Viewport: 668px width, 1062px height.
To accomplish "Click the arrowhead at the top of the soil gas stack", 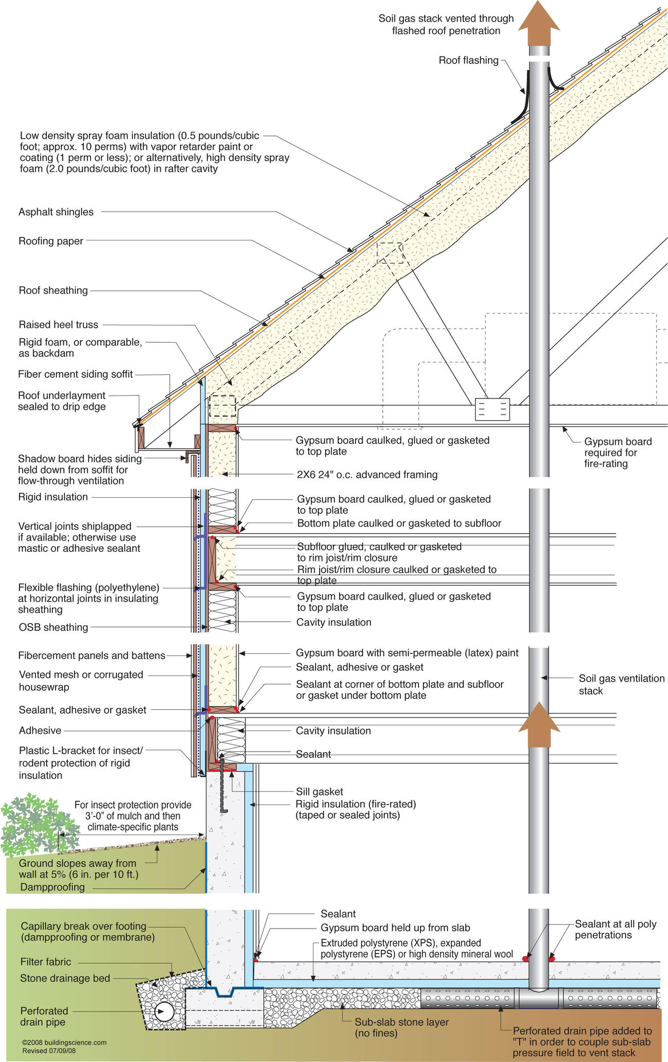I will (x=539, y=21).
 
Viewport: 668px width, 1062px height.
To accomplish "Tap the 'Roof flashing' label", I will (x=468, y=61).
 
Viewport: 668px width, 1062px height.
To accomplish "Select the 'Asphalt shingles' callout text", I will (x=56, y=212).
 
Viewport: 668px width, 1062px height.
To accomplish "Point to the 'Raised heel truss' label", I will (x=58, y=325).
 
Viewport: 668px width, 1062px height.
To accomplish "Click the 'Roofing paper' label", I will (x=51, y=241).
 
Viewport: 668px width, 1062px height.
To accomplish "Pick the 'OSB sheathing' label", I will (x=53, y=627).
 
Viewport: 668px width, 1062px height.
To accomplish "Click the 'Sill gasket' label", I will (x=319, y=792).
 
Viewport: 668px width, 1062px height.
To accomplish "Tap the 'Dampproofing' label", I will (x=52, y=887).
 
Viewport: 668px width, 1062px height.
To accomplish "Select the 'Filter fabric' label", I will (x=46, y=962).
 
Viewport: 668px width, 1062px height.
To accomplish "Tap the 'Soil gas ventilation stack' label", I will (x=621, y=685).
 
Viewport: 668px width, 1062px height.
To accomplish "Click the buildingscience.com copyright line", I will (x=64, y=1042).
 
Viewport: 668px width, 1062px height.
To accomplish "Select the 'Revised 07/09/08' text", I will (x=49, y=1051).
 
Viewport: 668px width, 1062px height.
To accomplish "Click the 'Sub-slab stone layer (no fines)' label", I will (x=401, y=1028).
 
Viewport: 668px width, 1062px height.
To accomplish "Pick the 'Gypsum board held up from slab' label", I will (x=395, y=928).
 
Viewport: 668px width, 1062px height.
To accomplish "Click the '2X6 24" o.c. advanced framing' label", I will (x=367, y=475).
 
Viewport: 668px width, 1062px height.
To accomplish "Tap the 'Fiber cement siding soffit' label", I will (x=75, y=374).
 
